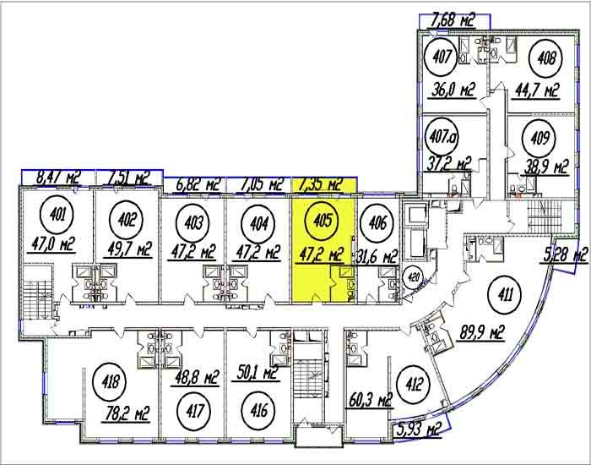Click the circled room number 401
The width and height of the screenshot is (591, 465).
[57, 216]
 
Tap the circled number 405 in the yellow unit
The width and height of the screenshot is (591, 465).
[323, 220]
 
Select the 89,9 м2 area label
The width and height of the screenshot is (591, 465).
[482, 334]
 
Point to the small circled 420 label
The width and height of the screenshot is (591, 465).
[414, 278]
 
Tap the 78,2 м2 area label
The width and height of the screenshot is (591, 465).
[127, 413]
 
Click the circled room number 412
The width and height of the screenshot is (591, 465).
[413, 384]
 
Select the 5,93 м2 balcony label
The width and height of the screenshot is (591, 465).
[420, 429]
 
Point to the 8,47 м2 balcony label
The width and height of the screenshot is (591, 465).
[58, 178]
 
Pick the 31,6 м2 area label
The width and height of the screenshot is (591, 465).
[377, 257]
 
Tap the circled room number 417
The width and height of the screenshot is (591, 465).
[194, 411]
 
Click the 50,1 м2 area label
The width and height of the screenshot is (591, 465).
[258, 373]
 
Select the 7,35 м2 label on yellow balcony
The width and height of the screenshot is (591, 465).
[320, 185]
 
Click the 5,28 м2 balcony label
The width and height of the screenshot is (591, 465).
[567, 254]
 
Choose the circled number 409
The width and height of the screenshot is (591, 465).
[539, 139]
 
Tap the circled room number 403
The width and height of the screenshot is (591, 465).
[193, 222]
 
